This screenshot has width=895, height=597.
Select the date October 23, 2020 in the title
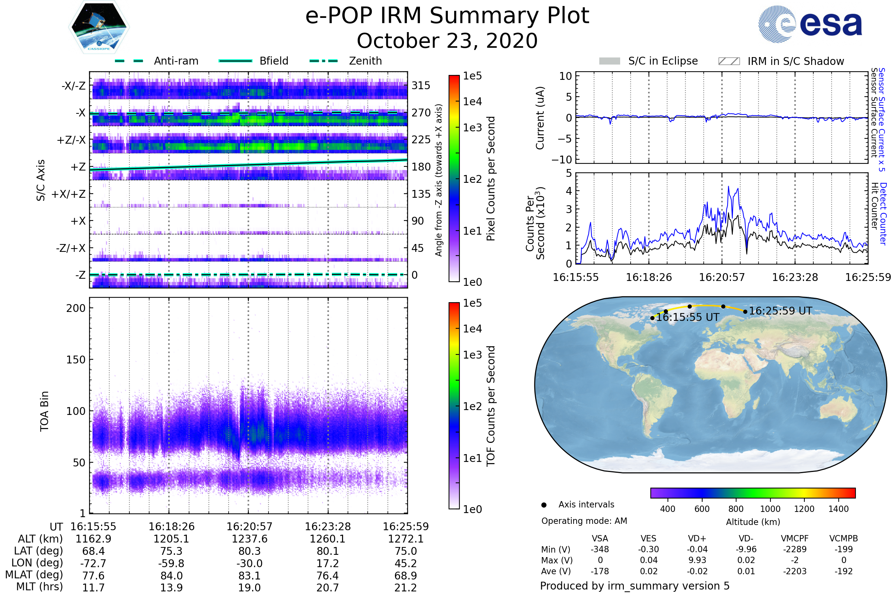pyautogui.click(x=447, y=41)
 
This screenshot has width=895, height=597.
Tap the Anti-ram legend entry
pyautogui.click(x=156, y=61)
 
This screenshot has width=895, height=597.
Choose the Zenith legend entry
pyautogui.click(x=346, y=61)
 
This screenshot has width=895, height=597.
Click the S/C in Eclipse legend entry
pyautogui.click(x=648, y=61)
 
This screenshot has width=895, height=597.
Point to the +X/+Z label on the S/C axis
pyautogui.click(x=69, y=194)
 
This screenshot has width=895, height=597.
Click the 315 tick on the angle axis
pyautogui.click(x=421, y=85)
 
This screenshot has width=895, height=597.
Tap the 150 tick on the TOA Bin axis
pyautogui.click(x=76, y=360)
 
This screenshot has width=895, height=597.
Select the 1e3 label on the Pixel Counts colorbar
pyautogui.click(x=472, y=128)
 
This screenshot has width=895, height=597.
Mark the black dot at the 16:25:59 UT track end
pyautogui.click(x=745, y=312)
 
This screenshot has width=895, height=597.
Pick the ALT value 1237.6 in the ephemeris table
pyautogui.click(x=249, y=539)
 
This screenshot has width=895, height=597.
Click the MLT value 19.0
pyautogui.click(x=249, y=587)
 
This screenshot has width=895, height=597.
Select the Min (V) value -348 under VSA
pyautogui.click(x=600, y=549)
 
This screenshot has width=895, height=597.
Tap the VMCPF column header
pyautogui.click(x=795, y=538)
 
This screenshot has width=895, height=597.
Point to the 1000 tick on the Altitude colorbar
pyautogui.click(x=770, y=509)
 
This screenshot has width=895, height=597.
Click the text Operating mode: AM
pyautogui.click(x=584, y=521)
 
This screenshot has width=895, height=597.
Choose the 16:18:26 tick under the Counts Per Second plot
pyautogui.click(x=649, y=277)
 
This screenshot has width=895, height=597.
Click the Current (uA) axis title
pyautogui.click(x=540, y=118)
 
